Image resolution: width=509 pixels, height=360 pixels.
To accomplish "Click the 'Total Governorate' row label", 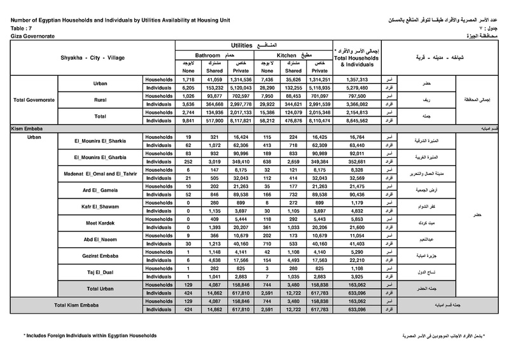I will (x=34, y=100).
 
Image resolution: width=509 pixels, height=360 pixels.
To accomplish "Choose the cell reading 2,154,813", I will (x=356, y=113).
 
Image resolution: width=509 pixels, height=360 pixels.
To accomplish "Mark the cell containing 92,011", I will (x=356, y=153).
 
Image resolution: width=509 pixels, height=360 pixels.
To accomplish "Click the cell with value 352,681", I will (x=356, y=160).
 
